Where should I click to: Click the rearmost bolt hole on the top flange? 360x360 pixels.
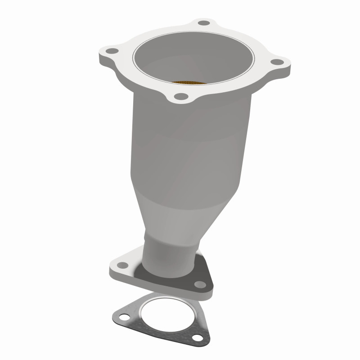tap(204, 22)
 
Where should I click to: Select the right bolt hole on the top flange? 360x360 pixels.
tap(278, 62)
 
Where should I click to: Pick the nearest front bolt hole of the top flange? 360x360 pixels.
tap(181, 96)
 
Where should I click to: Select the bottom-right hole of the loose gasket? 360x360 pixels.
tap(196, 338)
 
